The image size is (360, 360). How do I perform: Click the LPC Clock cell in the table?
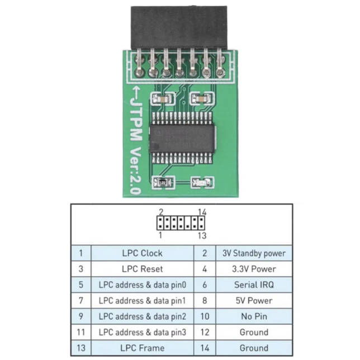[x=142, y=253]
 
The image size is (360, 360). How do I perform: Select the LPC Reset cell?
[x=142, y=269]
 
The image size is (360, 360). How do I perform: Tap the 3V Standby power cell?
[x=254, y=253]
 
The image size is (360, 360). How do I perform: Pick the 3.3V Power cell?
[x=254, y=269]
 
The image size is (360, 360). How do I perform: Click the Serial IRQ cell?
[x=254, y=285]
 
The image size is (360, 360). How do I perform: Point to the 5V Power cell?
[x=254, y=300]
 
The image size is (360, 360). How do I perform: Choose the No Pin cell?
[x=254, y=316]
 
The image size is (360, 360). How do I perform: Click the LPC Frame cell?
[x=142, y=348]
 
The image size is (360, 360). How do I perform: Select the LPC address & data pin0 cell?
[x=142, y=285]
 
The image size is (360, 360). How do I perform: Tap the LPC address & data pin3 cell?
[x=142, y=332]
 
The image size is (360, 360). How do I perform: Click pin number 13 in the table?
[x=81, y=348]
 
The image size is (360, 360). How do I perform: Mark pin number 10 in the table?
[x=204, y=316]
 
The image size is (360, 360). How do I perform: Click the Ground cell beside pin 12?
[x=254, y=332]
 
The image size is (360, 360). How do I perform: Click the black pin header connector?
[x=179, y=28]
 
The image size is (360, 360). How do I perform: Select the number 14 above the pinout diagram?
[x=202, y=212]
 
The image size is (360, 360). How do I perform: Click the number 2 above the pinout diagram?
[x=160, y=212]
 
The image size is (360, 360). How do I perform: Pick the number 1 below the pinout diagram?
[x=160, y=235]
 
